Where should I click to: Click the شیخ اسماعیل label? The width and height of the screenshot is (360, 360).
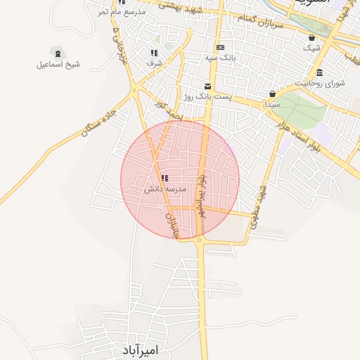pyautogui.click(x=58, y=65)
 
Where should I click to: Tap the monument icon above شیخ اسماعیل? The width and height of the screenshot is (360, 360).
pyautogui.click(x=57, y=53)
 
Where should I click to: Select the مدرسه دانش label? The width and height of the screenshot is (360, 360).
pyautogui.click(x=165, y=189)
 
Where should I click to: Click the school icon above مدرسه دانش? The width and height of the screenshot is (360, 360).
pyautogui.click(x=165, y=179)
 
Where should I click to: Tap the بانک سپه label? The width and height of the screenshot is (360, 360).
pyautogui.click(x=219, y=58)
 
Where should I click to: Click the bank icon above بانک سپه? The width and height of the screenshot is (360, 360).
pyautogui.click(x=220, y=47)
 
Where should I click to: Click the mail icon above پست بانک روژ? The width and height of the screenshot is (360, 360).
pyautogui.click(x=207, y=86)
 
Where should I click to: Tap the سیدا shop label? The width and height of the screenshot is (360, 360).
pyautogui.click(x=271, y=104)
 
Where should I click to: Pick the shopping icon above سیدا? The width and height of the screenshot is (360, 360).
pyautogui.click(x=272, y=94)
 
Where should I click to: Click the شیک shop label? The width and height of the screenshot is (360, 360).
pyautogui.click(x=311, y=48)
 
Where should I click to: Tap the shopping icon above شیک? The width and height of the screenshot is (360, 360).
pyautogui.click(x=311, y=38)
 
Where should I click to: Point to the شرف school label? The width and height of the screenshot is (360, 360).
pyautogui.click(x=154, y=63)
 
